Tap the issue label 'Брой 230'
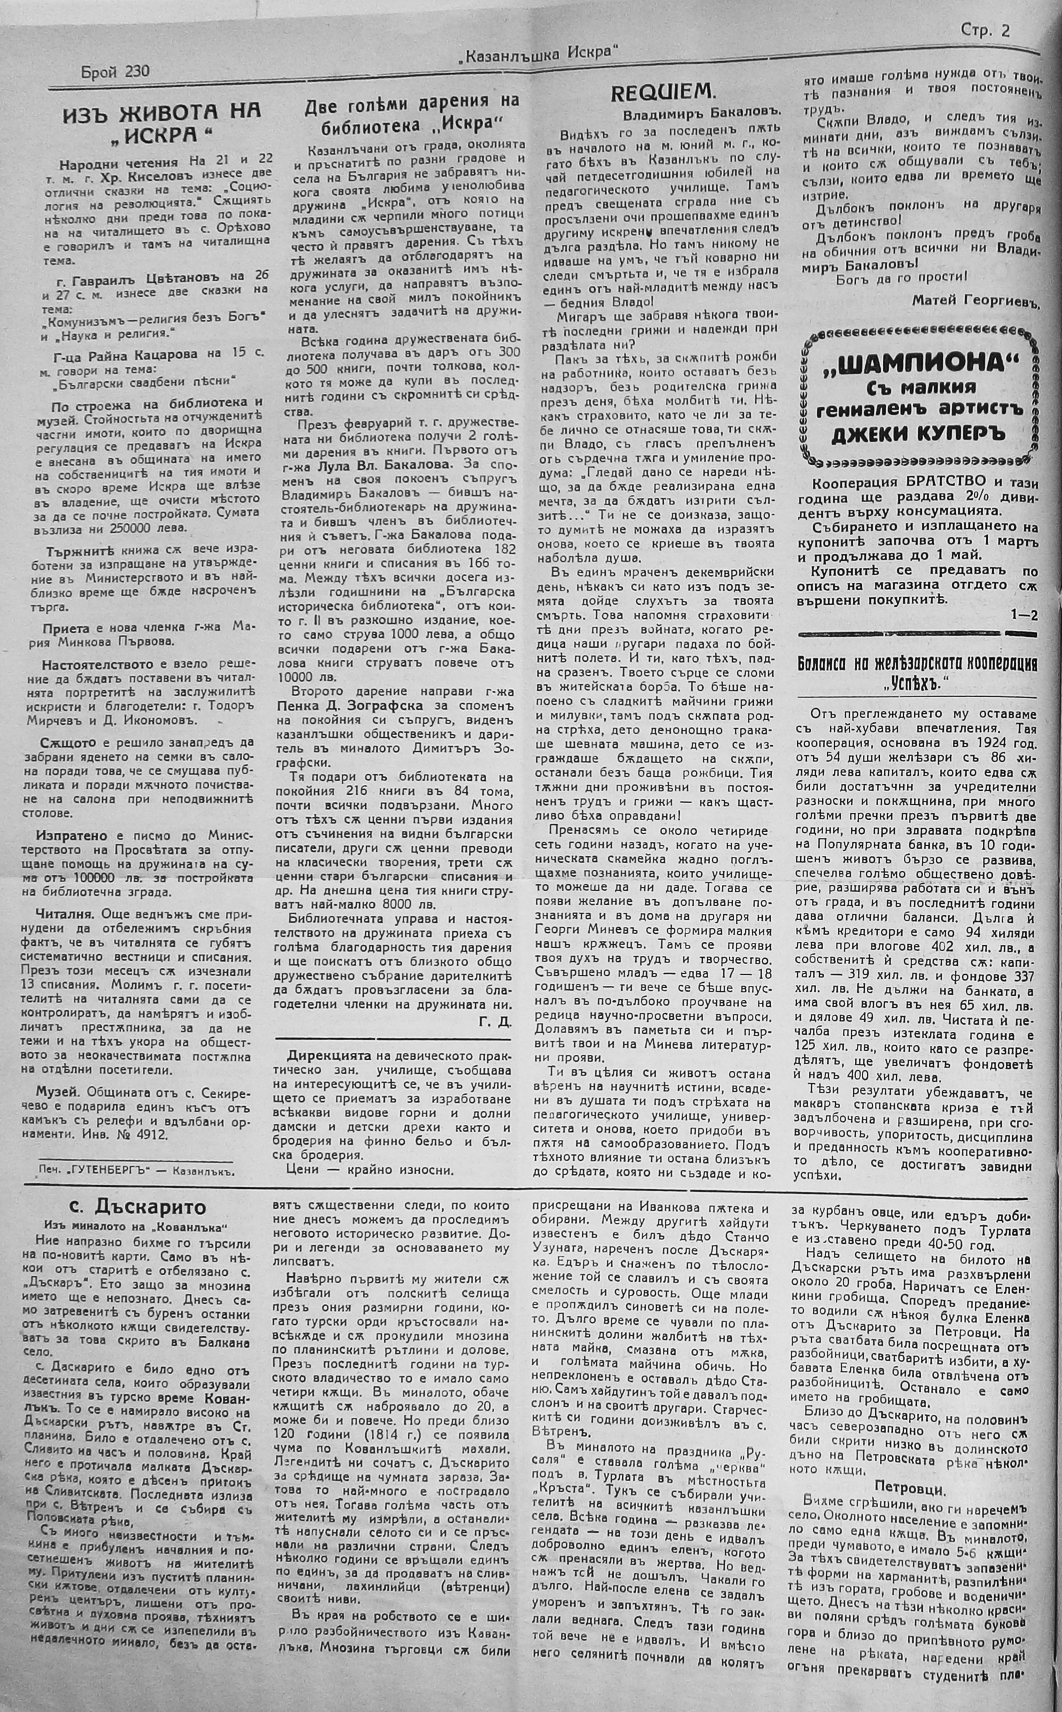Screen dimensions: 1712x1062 coord(115,72)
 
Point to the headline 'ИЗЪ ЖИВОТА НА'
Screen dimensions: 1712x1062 coord(161,111)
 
